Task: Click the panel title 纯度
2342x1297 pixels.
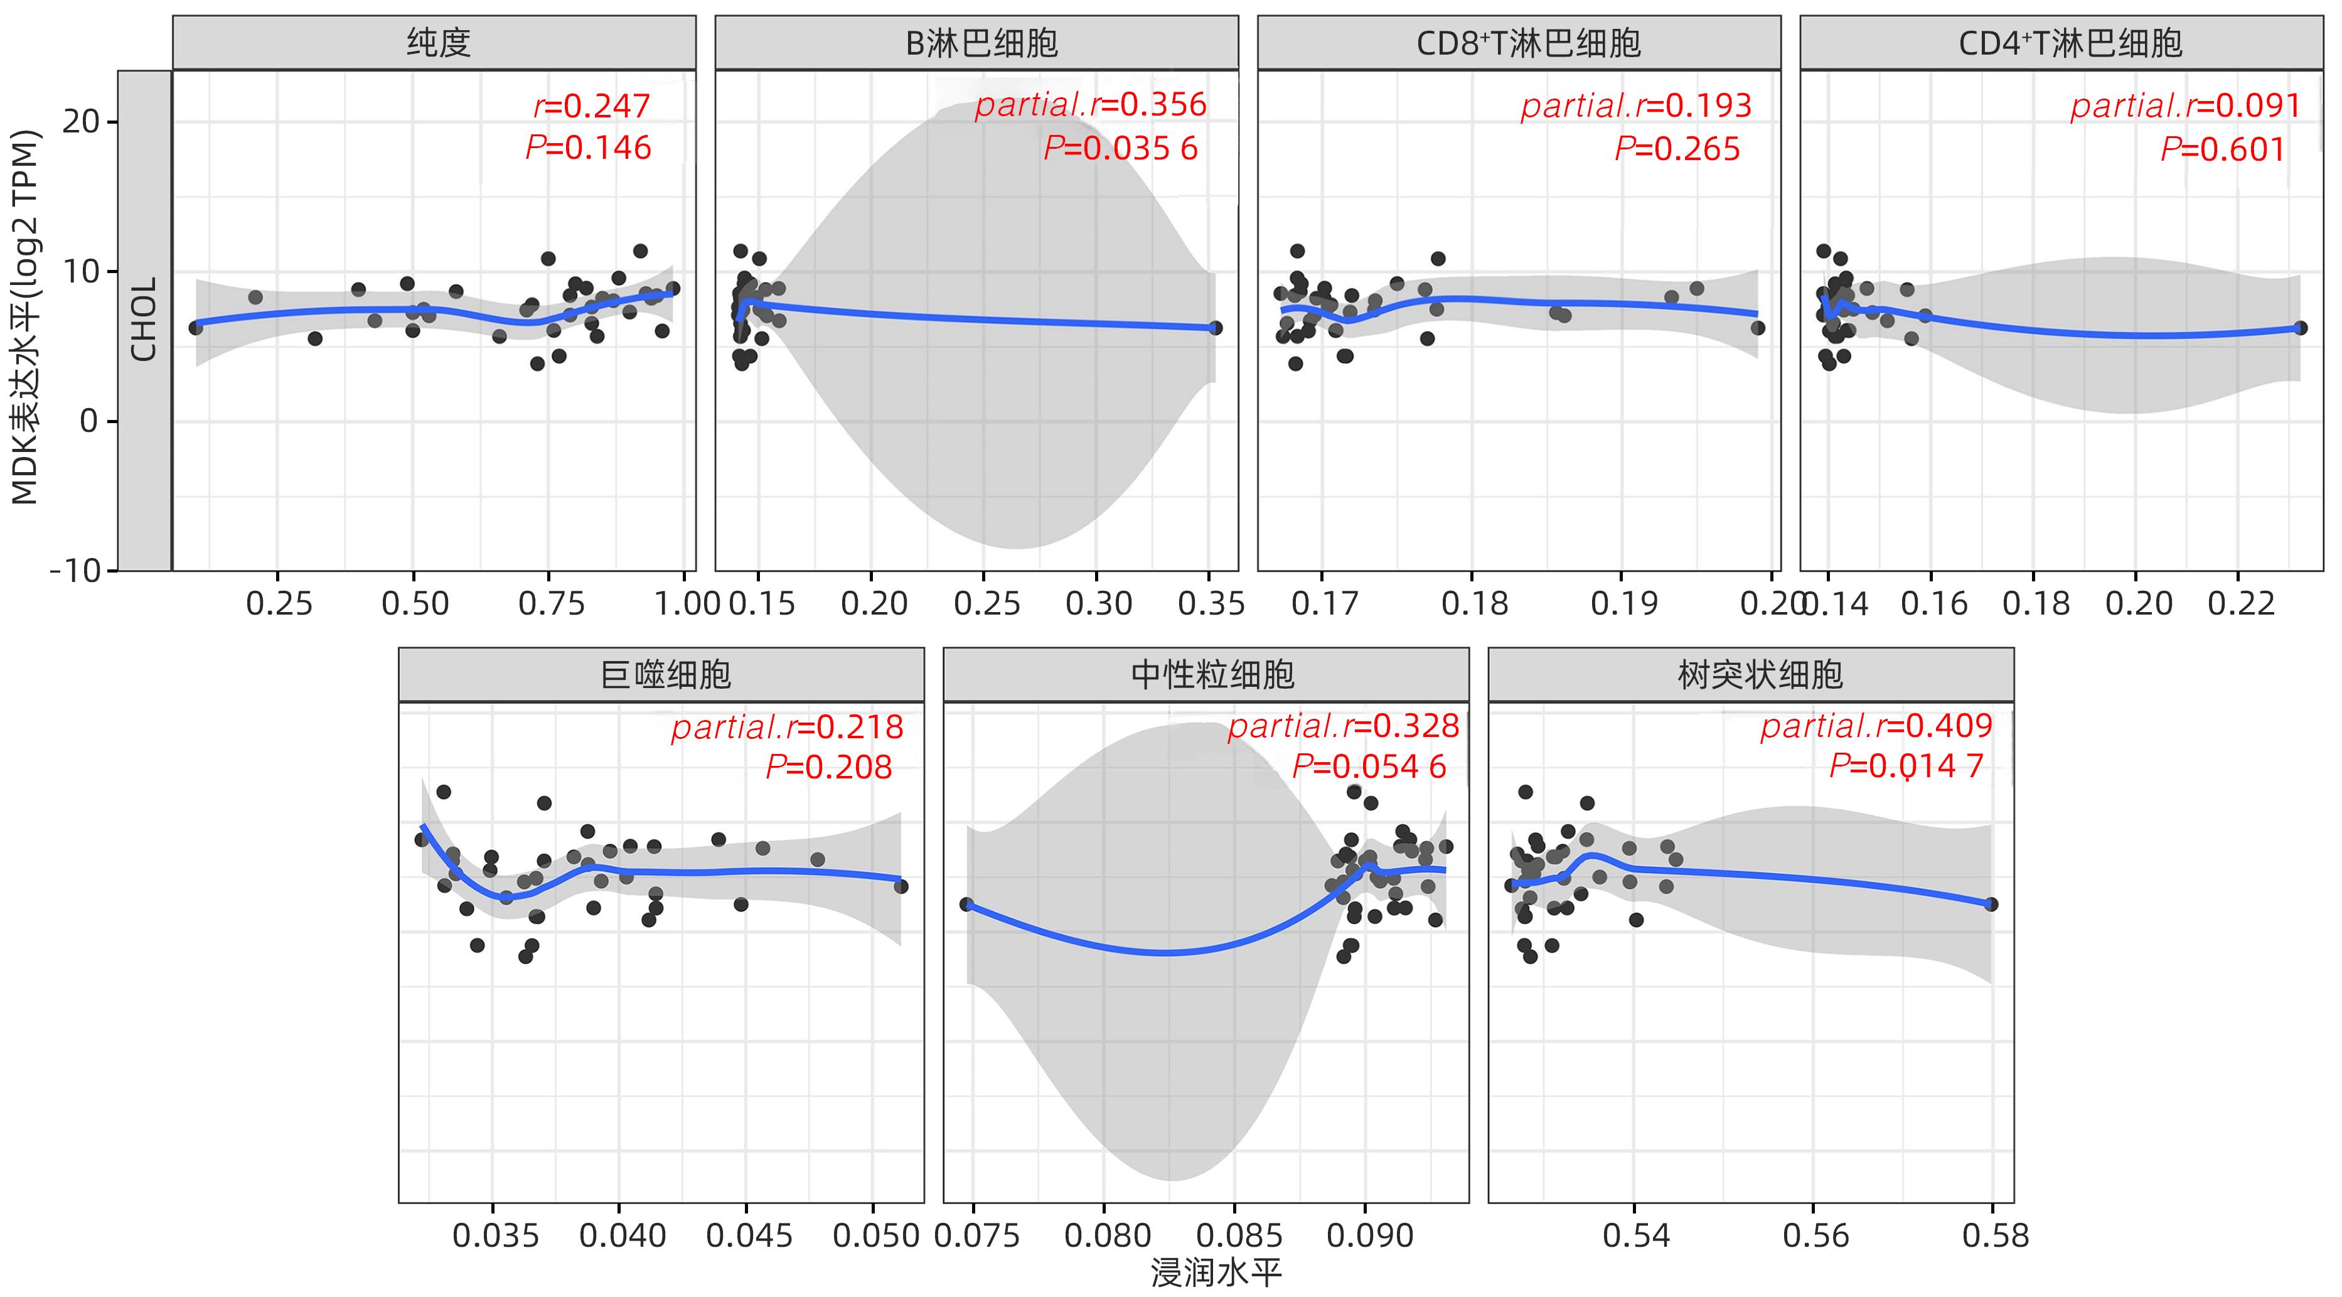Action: point(437,43)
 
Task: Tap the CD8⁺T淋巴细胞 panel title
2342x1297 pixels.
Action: point(1527,43)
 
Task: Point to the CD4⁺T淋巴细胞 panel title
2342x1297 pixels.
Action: point(2070,43)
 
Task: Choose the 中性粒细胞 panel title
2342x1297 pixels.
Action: point(1212,675)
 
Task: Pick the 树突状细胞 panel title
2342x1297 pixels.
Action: point(1759,675)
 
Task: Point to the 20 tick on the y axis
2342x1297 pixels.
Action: point(81,121)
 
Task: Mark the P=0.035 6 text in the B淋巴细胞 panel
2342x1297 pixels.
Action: point(1120,148)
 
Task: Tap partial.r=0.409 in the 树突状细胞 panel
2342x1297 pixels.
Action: point(1876,726)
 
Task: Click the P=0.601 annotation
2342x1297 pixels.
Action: point(2222,149)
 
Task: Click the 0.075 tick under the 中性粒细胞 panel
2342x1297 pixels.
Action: point(976,1235)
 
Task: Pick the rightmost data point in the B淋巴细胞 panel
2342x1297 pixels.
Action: point(1216,328)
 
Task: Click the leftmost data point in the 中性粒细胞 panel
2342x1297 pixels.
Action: point(966,904)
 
